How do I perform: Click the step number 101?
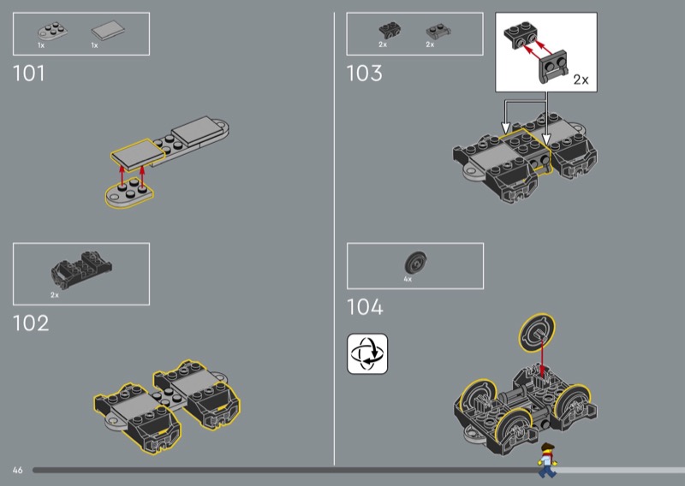coord(29,74)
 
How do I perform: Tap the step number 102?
coord(31,323)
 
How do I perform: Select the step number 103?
coord(365,74)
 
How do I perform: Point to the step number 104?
coord(365,307)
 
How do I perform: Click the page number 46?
coord(17,471)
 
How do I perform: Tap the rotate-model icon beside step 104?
coord(367,353)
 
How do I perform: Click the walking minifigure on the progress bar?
coord(547,460)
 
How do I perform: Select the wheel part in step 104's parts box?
coord(415,263)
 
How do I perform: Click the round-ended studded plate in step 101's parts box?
coord(52,31)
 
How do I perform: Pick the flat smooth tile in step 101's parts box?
coord(108,31)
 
